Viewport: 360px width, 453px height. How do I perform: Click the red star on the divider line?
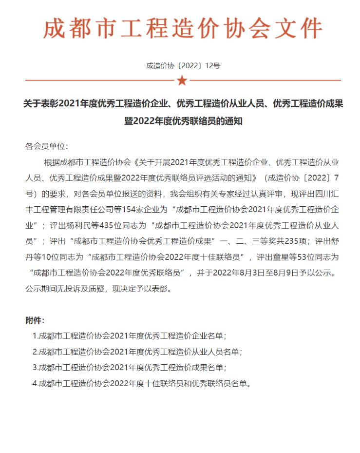(182, 80)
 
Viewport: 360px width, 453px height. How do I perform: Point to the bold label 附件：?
(35, 320)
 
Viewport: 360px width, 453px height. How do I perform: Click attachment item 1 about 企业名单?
(130, 336)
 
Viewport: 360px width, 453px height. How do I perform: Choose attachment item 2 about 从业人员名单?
(137, 352)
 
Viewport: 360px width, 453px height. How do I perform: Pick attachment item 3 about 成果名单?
(130, 367)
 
